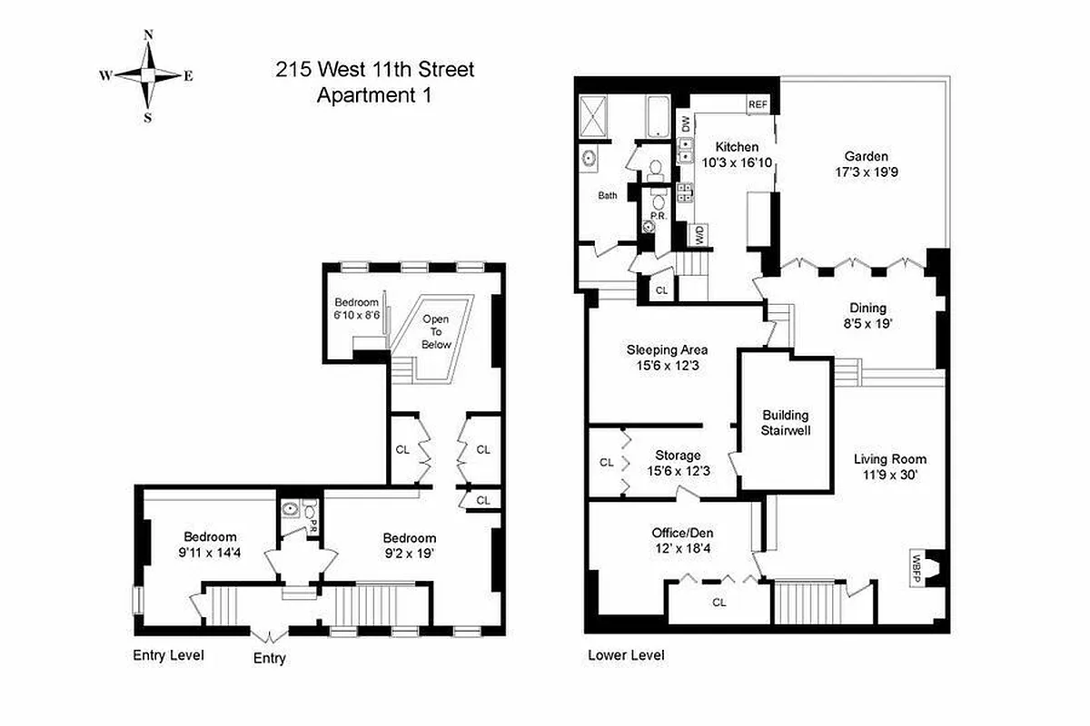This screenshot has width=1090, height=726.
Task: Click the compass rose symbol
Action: point(147,76)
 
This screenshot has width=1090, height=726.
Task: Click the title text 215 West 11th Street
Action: point(375,69)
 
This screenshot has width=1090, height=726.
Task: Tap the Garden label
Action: point(866,156)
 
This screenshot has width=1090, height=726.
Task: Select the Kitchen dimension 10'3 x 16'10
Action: point(737,163)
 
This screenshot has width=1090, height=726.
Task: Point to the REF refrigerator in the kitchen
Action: point(758,104)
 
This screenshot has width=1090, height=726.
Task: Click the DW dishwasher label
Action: point(685,123)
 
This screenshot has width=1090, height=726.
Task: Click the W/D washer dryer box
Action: point(699,235)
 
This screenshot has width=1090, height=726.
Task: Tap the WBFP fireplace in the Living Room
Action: point(919,568)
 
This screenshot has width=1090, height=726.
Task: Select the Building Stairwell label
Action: point(786,422)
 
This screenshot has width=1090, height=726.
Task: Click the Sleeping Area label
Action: point(667,349)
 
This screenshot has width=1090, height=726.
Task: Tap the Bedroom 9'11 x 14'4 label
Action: point(210,544)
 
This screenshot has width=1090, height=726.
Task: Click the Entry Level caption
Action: point(168,655)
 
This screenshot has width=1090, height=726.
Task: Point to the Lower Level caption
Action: point(626,655)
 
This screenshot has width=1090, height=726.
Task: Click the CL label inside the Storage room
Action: point(606,462)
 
